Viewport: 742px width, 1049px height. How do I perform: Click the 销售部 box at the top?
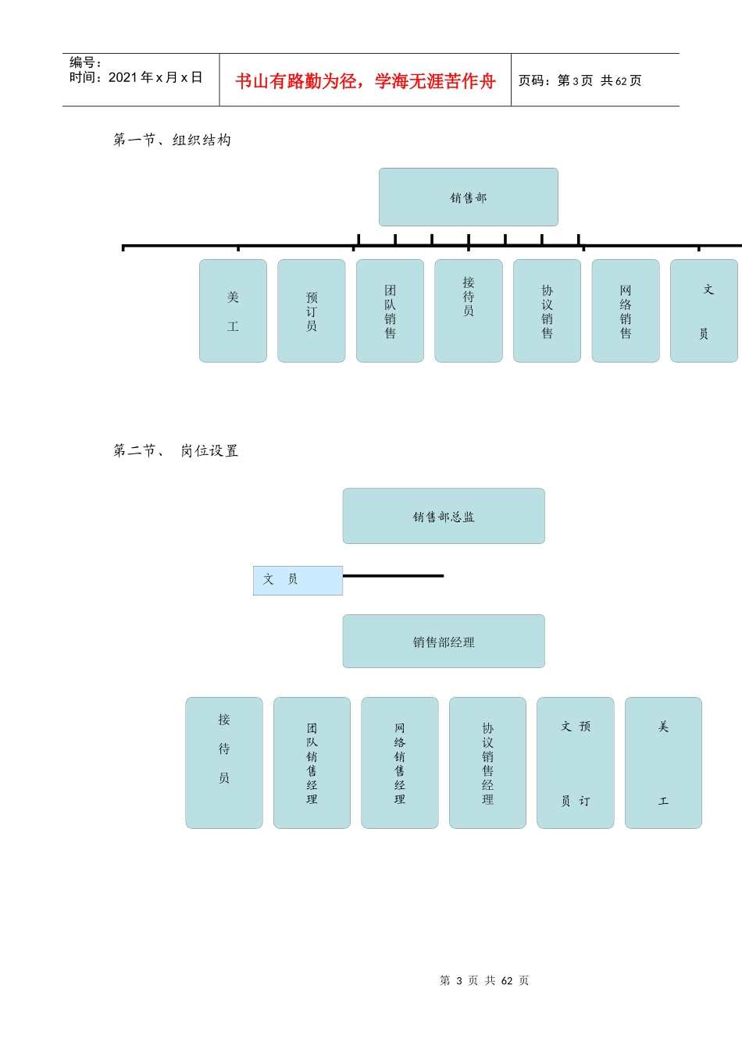click(x=468, y=197)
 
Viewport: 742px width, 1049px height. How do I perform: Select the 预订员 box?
click(x=311, y=311)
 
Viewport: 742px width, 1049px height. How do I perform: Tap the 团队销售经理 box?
click(x=312, y=763)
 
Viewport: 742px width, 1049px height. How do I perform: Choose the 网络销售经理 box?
click(x=399, y=763)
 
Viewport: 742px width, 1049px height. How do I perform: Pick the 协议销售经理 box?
click(x=487, y=763)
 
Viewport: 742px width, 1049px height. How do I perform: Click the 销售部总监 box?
click(x=443, y=516)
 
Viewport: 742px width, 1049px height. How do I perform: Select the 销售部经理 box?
click(x=443, y=642)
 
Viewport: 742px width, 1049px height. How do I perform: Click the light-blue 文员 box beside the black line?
click(x=298, y=580)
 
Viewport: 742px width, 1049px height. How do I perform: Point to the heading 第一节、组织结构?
click(x=172, y=140)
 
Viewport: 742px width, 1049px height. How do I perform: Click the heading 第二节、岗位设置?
click(x=176, y=450)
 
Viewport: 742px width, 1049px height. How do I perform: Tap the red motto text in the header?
click(x=365, y=81)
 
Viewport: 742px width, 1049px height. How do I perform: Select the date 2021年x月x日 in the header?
click(x=155, y=77)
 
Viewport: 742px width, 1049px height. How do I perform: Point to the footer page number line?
click(x=484, y=980)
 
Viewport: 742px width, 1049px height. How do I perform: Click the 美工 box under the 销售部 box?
click(x=233, y=311)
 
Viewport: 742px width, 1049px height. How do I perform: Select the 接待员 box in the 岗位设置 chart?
click(x=224, y=763)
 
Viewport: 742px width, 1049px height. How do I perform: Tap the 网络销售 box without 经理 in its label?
click(x=625, y=311)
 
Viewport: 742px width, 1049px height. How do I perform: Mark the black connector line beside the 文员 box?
click(x=393, y=576)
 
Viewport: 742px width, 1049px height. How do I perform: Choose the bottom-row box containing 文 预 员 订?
click(x=575, y=763)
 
